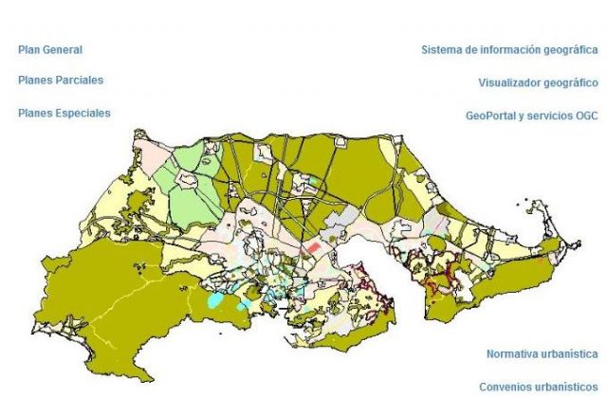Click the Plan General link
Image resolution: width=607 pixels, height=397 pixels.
(50, 49)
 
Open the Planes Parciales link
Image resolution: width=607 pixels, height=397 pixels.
(61, 81)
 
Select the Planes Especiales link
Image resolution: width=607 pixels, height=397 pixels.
(64, 113)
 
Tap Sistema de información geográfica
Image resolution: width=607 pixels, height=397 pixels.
(509, 50)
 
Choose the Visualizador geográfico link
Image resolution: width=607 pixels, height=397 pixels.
(538, 83)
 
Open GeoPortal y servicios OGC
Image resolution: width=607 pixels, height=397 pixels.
(531, 116)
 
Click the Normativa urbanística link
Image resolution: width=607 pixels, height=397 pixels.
(542, 354)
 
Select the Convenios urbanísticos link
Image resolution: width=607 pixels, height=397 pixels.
(538, 387)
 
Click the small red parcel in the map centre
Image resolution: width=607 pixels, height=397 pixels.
(312, 247)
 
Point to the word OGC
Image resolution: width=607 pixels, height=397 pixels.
(585, 116)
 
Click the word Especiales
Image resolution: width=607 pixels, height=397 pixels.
(82, 113)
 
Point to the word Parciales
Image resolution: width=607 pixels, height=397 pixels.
(79, 81)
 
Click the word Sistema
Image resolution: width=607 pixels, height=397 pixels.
(441, 50)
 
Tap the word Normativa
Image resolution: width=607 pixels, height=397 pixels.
(513, 354)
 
